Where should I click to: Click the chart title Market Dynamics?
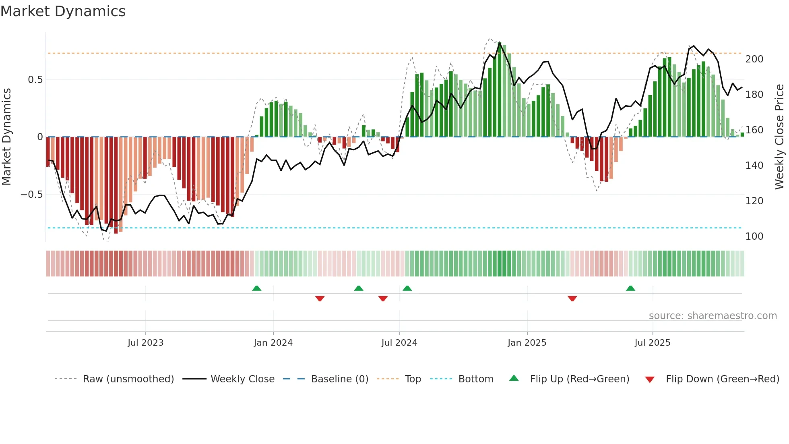coord(63,11)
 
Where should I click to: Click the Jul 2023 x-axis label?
coord(145,343)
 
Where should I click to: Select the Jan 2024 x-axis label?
coord(273,343)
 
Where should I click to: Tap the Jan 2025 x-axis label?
coord(527,343)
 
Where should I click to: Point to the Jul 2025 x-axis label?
coord(652,343)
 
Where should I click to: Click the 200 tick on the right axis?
coord(754,59)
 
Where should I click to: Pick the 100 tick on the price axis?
coord(754,237)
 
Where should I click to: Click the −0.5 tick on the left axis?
coord(32,195)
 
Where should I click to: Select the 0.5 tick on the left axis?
coord(35,80)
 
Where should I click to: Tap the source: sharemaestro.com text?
coord(713,316)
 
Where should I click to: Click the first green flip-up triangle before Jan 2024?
coord(256,288)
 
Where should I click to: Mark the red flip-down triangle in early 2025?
coord(572,299)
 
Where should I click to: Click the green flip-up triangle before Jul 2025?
coord(630,288)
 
